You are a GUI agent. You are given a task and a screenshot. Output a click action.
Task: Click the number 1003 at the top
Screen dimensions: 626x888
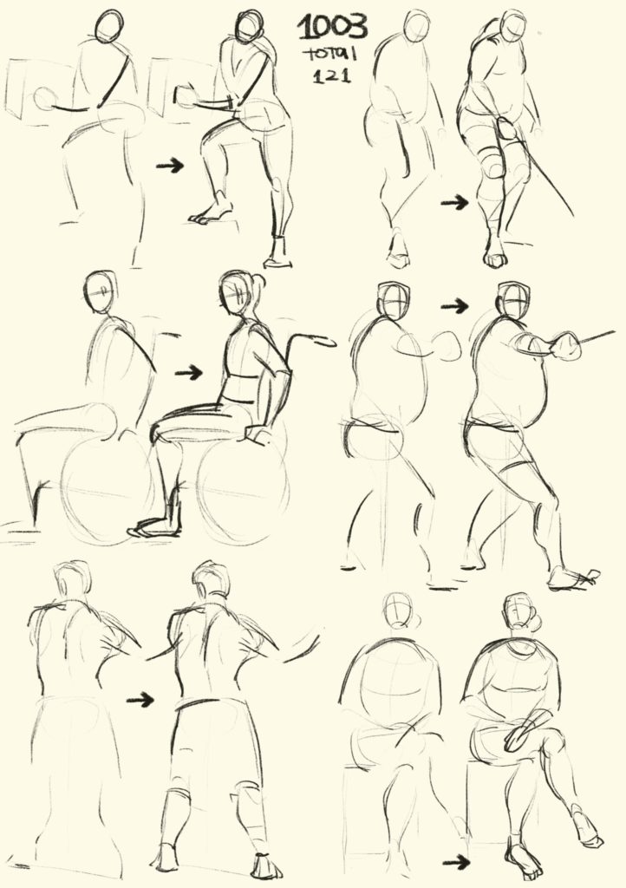tap(333, 27)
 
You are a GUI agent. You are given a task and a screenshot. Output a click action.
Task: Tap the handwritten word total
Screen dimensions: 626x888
tap(330, 55)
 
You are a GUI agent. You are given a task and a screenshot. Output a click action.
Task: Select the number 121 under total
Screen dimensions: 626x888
tap(332, 75)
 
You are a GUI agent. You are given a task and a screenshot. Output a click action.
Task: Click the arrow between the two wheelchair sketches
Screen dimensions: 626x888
tap(189, 373)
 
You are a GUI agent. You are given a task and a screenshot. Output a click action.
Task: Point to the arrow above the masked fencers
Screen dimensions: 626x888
tap(455, 306)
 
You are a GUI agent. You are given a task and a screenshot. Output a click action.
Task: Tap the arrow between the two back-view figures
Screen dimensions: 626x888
tap(140, 700)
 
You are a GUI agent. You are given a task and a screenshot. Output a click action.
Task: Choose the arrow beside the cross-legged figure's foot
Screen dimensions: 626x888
tap(456, 863)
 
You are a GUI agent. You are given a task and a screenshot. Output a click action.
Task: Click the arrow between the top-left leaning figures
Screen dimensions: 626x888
tap(170, 166)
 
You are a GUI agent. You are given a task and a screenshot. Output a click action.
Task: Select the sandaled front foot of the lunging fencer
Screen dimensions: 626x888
tap(573, 578)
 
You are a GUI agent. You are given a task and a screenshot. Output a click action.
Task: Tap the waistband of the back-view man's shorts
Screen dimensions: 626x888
tap(211, 704)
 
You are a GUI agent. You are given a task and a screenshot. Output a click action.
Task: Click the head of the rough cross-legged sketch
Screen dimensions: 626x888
tap(400, 610)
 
